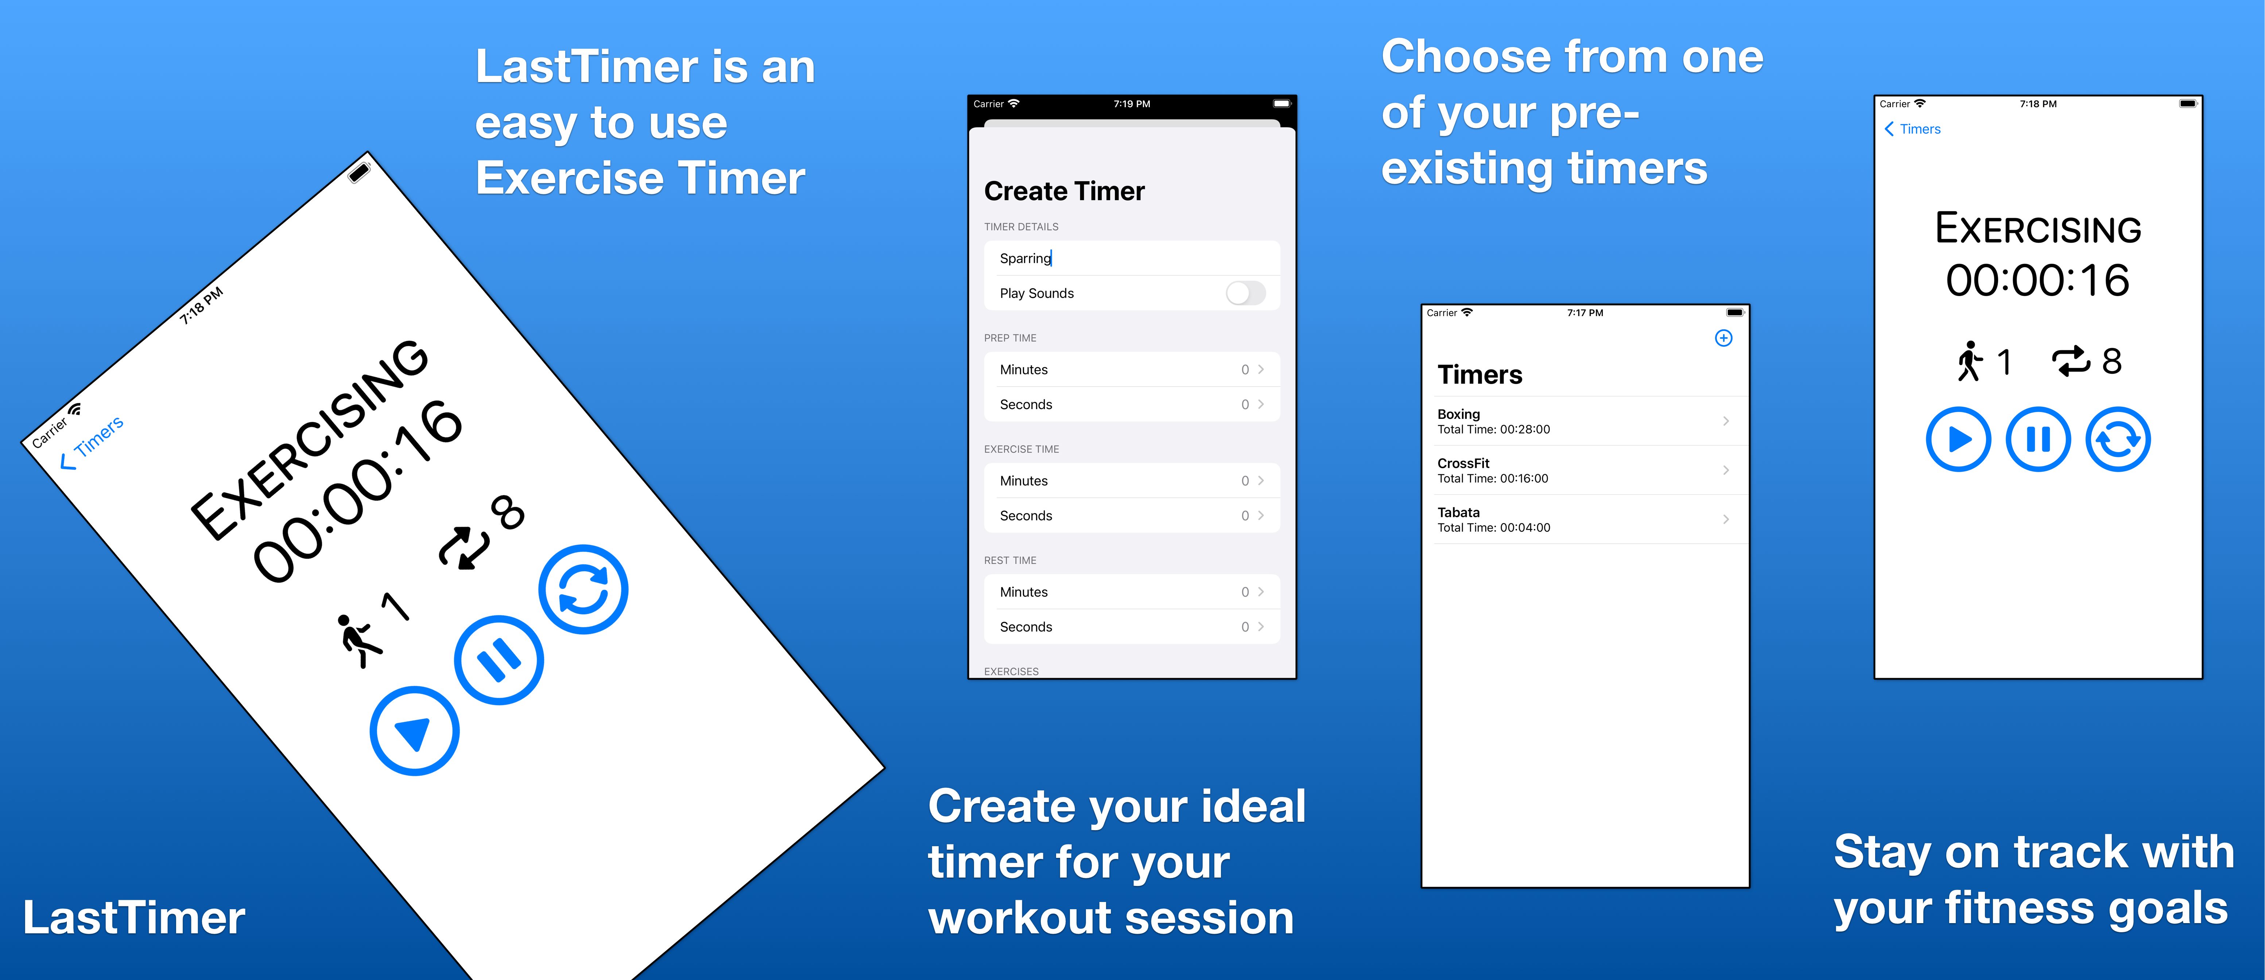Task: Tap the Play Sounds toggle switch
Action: pyautogui.click(x=1245, y=293)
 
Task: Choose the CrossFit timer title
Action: pyautogui.click(x=1463, y=463)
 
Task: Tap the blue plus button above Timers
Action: pyautogui.click(x=1723, y=338)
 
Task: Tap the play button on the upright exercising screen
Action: pyautogui.click(x=1958, y=439)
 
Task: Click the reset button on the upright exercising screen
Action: pyautogui.click(x=2118, y=439)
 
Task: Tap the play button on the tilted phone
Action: pyautogui.click(x=414, y=731)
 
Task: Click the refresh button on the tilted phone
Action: pyautogui.click(x=584, y=590)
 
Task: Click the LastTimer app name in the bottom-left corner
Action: pyautogui.click(x=133, y=918)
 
